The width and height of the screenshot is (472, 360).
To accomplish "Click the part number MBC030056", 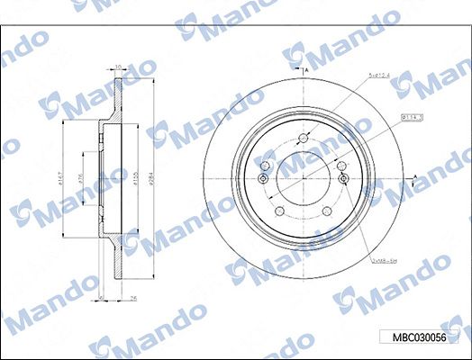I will [418, 337].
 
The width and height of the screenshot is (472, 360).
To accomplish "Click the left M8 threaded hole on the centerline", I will [262, 180].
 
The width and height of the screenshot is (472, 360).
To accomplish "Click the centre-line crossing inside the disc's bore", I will [304, 180].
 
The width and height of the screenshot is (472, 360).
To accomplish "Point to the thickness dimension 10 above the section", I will [117, 66].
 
